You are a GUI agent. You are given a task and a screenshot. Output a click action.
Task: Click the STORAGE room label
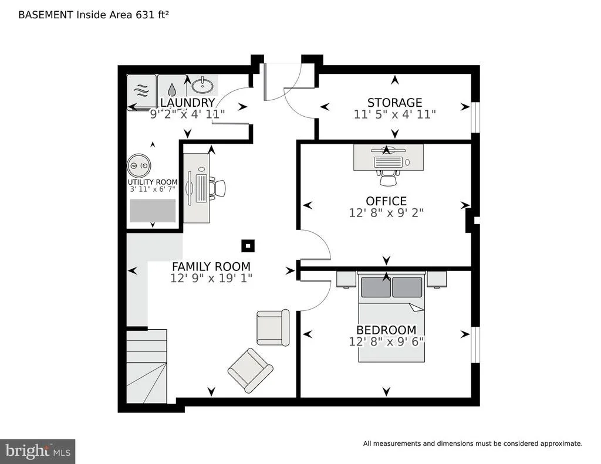(x=394, y=103)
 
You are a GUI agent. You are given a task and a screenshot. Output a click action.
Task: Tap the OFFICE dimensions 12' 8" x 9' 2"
(x=386, y=213)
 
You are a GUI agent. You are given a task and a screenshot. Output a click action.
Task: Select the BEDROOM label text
(x=386, y=330)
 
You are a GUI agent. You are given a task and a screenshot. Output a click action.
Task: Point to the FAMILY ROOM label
(x=211, y=266)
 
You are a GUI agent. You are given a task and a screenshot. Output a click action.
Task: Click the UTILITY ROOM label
(x=153, y=182)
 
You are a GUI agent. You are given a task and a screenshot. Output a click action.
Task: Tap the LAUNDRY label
(x=187, y=103)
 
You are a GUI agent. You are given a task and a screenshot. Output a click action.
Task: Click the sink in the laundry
(x=202, y=85)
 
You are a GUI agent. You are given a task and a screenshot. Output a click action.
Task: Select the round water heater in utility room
(x=139, y=165)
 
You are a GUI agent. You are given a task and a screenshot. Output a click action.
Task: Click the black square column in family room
(x=248, y=246)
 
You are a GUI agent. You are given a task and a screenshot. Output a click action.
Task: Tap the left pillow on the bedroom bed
(x=376, y=287)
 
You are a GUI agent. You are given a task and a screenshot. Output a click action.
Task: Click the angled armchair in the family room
(x=250, y=370)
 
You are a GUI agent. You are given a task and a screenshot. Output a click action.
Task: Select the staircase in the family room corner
(x=147, y=366)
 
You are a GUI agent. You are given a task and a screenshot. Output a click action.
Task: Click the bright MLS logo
(x=38, y=451)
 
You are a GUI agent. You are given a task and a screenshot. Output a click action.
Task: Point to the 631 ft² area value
(x=152, y=15)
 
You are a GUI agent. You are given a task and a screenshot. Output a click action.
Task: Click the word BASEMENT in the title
(x=46, y=15)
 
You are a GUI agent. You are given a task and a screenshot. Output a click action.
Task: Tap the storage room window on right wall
(x=475, y=117)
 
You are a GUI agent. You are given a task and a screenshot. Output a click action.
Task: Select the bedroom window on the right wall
(x=475, y=344)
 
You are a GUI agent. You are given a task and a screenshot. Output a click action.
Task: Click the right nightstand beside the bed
(x=437, y=279)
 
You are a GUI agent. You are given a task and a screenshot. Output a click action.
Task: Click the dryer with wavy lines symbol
(x=141, y=92)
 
